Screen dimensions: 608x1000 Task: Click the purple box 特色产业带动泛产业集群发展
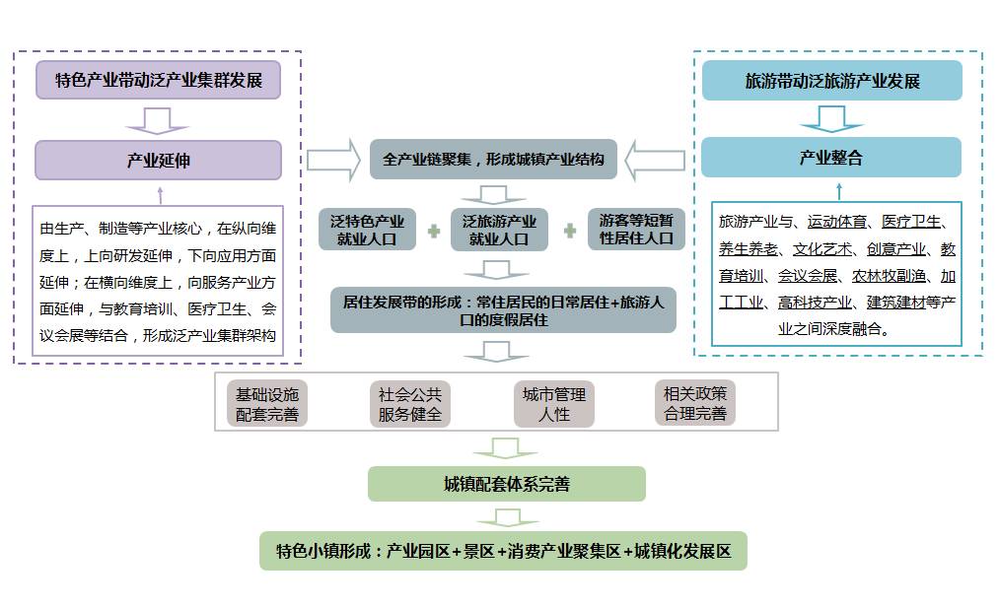(158, 80)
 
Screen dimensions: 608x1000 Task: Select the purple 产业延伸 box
(158, 160)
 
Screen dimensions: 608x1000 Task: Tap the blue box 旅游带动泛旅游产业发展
(831, 80)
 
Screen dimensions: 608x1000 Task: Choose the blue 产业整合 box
(831, 158)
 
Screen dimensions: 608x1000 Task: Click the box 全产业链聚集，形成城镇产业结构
(493, 159)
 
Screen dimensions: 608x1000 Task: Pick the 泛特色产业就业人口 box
(368, 230)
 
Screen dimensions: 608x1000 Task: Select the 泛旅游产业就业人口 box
(499, 230)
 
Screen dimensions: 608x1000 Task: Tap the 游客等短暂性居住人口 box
(636, 230)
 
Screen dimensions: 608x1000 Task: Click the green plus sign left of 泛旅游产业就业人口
(434, 232)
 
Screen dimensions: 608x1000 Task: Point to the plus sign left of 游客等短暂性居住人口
(569, 232)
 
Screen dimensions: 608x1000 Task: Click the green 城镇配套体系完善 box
(506, 484)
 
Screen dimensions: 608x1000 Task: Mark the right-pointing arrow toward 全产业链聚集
(333, 160)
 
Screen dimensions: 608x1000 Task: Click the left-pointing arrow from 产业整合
(656, 160)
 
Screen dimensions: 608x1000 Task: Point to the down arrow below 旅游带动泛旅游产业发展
(831, 118)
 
